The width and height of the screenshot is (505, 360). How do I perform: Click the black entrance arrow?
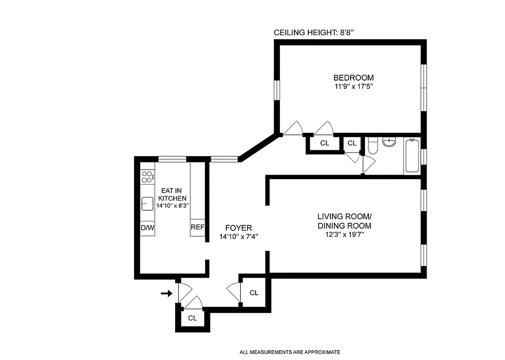coord(167,293)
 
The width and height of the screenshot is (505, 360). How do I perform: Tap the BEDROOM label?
coord(353,77)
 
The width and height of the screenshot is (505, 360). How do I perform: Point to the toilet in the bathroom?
coord(373,146)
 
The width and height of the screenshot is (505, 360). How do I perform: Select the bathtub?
coord(412,156)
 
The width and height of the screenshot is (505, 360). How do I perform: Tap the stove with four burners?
coord(147,177)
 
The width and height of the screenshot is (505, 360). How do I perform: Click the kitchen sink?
coord(147,204)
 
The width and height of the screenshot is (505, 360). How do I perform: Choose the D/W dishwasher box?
coord(147,228)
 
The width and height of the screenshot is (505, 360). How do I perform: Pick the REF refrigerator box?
coord(198,227)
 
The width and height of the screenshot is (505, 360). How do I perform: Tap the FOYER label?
coord(239,228)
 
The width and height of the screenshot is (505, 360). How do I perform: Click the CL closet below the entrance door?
coord(193,318)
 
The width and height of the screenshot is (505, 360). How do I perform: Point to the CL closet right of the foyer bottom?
coord(254,293)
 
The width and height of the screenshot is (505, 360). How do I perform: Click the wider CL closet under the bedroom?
coord(325,144)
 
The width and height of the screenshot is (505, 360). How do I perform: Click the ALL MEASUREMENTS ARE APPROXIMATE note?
coord(289,352)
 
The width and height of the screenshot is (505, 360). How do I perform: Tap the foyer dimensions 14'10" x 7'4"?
coord(239,237)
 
